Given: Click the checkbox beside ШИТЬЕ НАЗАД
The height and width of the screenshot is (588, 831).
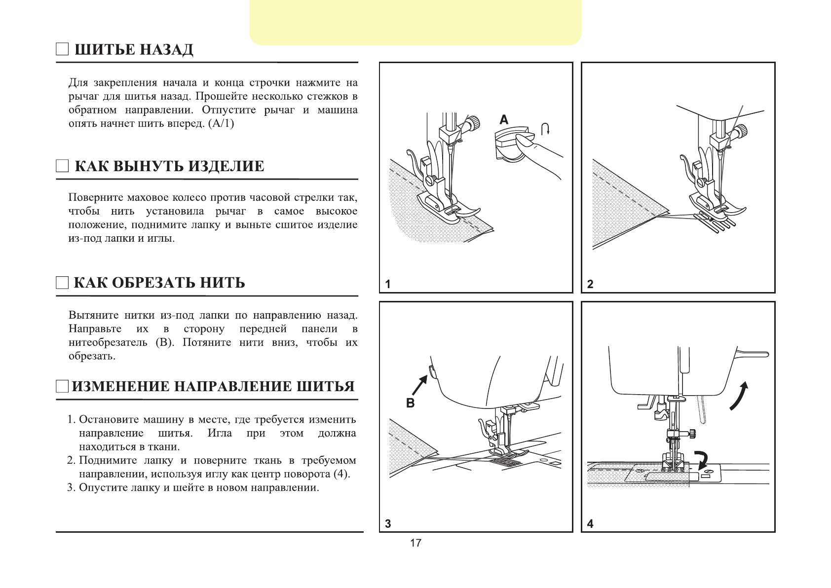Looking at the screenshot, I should (x=62, y=49).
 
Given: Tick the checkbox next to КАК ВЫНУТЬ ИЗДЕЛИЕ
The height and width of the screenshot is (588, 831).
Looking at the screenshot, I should (x=62, y=166).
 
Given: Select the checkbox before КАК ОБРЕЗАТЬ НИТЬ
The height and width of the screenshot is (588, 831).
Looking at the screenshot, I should (x=62, y=283).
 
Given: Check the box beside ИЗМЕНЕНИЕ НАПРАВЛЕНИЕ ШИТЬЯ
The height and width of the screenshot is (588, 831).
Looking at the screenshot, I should (x=62, y=386).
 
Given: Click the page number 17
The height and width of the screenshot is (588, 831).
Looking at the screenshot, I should (x=415, y=543).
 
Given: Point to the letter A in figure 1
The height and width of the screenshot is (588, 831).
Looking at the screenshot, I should (x=504, y=120).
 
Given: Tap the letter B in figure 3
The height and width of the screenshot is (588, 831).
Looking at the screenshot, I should (x=410, y=403).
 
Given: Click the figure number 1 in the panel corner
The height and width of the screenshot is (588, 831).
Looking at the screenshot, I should (x=388, y=284).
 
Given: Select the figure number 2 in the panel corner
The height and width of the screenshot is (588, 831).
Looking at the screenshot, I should (x=590, y=284).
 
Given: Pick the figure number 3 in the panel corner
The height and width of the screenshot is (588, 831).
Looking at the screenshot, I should (x=388, y=524).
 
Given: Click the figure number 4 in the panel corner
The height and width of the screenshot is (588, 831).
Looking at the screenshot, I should (x=590, y=524).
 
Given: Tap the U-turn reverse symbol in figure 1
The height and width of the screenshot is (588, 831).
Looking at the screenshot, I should (x=545, y=129).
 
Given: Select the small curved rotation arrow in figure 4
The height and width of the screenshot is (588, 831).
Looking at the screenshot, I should (x=701, y=459).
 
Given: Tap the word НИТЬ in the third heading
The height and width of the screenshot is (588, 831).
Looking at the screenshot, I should (x=222, y=283).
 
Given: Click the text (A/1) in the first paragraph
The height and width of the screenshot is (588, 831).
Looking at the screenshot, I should (x=221, y=123).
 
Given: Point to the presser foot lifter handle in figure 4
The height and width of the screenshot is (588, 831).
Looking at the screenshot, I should (x=753, y=353).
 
